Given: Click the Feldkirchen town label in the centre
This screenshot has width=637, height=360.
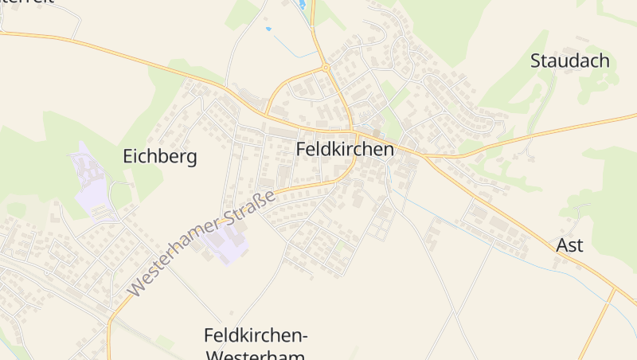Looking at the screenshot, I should click(x=345, y=149).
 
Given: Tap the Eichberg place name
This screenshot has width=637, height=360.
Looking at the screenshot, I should click(x=159, y=156).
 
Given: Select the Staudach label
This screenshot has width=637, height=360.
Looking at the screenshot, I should click(x=569, y=61).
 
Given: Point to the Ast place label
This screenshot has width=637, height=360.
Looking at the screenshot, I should click(x=569, y=245).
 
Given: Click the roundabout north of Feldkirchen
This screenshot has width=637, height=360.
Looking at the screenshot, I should click(x=326, y=68).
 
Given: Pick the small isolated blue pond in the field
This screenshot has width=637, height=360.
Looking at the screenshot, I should click(x=268, y=29).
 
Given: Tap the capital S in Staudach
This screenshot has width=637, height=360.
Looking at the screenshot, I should click(x=536, y=61).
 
